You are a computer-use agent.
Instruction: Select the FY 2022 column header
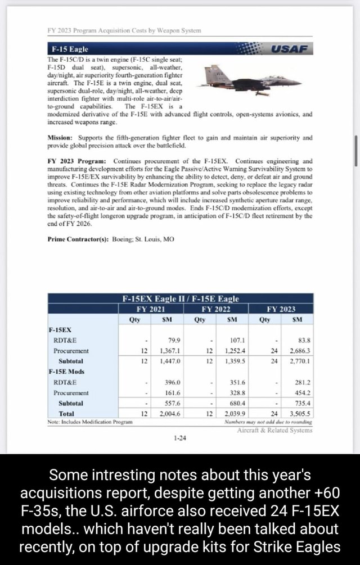click(215, 309)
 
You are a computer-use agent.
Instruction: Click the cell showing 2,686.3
click(299, 350)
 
